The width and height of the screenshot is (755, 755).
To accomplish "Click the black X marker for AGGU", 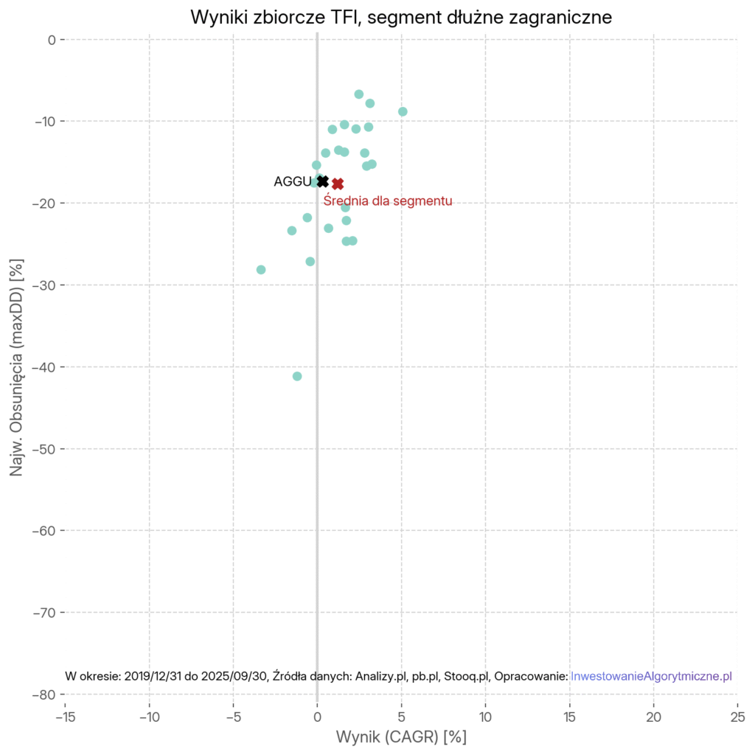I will tap(323, 181).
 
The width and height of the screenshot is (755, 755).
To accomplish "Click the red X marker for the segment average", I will tap(338, 184).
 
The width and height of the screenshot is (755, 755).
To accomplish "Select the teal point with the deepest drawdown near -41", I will tap(297, 376).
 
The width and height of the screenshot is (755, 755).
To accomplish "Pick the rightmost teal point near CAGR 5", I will tap(403, 111).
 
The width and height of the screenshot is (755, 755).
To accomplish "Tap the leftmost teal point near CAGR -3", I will tap(261, 270).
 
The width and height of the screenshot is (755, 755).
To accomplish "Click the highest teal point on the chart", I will tap(359, 94).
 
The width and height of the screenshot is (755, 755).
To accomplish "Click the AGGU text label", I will tap(292, 181).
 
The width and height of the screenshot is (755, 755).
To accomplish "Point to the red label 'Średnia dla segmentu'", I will tap(388, 200).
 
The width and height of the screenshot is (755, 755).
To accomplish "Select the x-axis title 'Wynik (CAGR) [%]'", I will tap(401, 737).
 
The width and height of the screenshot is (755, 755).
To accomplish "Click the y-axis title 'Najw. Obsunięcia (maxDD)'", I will tap(17, 368).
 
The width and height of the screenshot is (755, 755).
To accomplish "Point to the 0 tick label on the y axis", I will tap(52, 39).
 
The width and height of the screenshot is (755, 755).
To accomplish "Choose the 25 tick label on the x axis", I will tap(737, 716).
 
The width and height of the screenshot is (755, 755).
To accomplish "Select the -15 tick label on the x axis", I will tap(65, 716).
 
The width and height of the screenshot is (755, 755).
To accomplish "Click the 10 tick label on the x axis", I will tap(485, 716).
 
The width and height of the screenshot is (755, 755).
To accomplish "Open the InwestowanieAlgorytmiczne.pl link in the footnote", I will tap(651, 676).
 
